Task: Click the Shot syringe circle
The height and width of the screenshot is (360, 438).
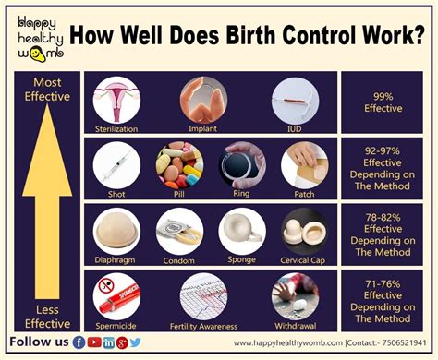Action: click(x=116, y=164)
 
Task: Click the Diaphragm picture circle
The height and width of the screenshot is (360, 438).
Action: click(x=116, y=230)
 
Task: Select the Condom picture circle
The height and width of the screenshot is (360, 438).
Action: click(x=178, y=230)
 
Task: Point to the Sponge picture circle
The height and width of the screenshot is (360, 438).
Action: click(x=242, y=230)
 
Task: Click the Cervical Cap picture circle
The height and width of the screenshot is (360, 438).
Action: click(x=304, y=230)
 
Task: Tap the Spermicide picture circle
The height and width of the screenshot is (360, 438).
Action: click(x=116, y=296)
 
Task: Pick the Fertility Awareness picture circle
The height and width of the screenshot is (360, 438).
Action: click(x=202, y=296)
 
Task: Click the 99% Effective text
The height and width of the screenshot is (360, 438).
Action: click(x=383, y=102)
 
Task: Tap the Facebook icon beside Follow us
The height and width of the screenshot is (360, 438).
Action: click(x=79, y=342)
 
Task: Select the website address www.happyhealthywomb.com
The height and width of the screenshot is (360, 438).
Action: click(x=286, y=343)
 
